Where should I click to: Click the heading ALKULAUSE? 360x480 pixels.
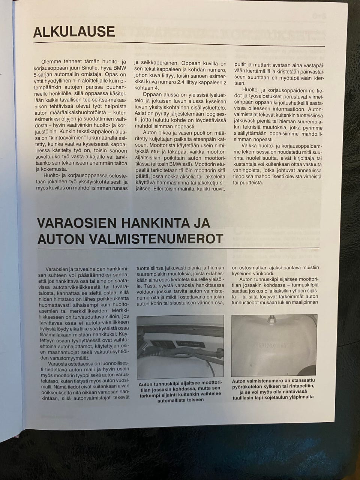click(x=74, y=32)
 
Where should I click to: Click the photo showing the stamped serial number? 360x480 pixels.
click(x=274, y=345)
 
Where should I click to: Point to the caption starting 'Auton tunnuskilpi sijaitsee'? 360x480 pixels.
click(x=180, y=392)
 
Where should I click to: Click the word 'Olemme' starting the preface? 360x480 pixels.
click(x=51, y=61)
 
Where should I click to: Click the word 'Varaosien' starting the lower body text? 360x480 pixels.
click(x=57, y=269)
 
